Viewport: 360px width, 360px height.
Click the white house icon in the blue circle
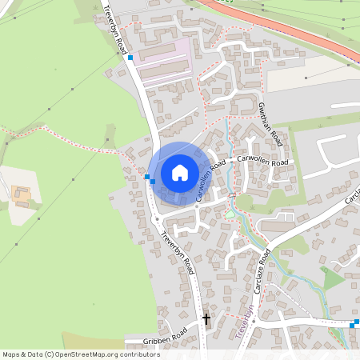(x=180, y=173)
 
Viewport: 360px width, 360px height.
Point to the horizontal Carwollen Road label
(x=258, y=162)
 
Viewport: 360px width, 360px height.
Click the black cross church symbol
(x=206, y=319)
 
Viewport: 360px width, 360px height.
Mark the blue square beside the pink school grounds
(x=130, y=58)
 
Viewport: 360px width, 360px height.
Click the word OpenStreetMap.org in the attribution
(x=87, y=354)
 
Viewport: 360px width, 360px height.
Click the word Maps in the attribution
(x=11, y=354)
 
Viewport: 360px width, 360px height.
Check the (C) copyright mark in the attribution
(x=50, y=354)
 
